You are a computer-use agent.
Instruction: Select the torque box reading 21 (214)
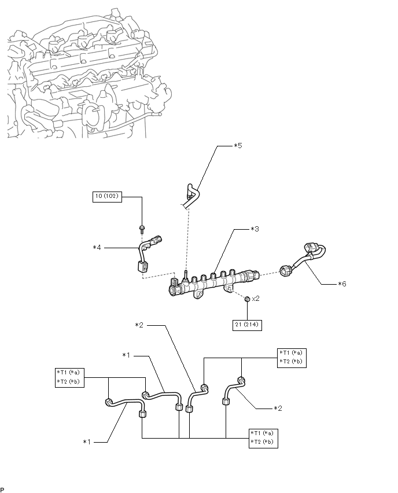(248, 325)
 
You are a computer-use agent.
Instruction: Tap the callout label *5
(238, 146)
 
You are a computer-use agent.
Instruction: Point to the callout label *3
(255, 229)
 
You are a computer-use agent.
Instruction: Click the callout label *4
(97, 248)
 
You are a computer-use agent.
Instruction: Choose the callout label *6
(342, 284)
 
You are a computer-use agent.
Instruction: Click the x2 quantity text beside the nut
(256, 299)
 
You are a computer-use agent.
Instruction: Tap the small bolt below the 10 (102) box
(142, 229)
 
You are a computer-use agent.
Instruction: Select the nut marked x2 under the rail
(247, 299)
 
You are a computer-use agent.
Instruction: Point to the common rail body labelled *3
(214, 281)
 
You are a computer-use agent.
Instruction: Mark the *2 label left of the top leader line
(139, 325)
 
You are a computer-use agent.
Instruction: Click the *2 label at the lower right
(278, 409)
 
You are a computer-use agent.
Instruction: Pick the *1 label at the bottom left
(87, 442)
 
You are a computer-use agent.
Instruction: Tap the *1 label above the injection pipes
(126, 355)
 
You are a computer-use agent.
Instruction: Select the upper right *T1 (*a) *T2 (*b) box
(292, 358)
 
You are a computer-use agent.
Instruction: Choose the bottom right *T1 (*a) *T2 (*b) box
(263, 438)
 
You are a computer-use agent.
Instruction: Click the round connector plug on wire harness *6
(285, 270)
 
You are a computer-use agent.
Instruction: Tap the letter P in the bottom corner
(2, 489)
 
